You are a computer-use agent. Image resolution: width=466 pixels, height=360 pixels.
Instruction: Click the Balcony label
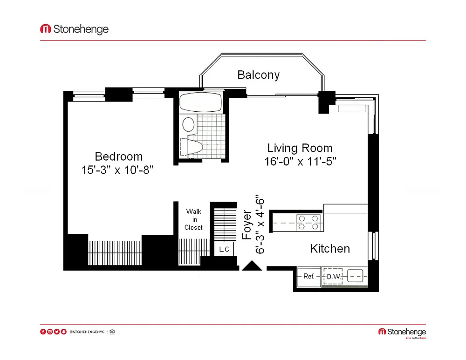click(258, 75)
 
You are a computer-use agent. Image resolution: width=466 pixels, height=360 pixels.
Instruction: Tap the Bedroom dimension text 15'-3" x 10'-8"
click(117, 170)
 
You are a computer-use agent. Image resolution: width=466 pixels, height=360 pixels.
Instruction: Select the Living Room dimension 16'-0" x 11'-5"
click(300, 162)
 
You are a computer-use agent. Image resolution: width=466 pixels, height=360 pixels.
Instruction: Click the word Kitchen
click(330, 249)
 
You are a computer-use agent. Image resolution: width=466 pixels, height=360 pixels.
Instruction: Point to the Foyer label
click(247, 225)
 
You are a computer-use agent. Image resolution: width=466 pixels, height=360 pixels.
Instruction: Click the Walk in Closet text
click(193, 219)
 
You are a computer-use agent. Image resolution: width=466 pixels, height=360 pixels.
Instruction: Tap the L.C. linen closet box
click(225, 249)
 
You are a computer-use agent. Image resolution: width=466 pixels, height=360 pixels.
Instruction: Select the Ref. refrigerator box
click(309, 277)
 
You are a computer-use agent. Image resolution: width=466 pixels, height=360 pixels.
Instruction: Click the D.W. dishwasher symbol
click(333, 277)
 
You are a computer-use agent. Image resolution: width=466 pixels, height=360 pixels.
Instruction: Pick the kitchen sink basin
click(355, 276)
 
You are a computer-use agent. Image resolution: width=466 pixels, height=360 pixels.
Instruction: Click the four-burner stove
click(308, 223)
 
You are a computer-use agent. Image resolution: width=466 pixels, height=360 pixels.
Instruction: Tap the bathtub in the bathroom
click(201, 102)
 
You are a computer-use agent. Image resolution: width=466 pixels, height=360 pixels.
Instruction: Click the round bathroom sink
click(188, 124)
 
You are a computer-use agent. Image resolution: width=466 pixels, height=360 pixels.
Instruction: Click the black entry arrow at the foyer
click(252, 265)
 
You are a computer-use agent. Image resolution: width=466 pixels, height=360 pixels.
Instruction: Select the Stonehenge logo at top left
click(74, 29)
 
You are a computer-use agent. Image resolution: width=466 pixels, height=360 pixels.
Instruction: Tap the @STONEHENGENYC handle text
click(87, 332)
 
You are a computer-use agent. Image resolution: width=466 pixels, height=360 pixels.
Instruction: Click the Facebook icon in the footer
click(43, 332)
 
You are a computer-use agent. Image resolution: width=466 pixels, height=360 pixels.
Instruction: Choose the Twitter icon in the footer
click(57, 332)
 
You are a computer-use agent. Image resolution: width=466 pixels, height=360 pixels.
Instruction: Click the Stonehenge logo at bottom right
click(402, 333)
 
